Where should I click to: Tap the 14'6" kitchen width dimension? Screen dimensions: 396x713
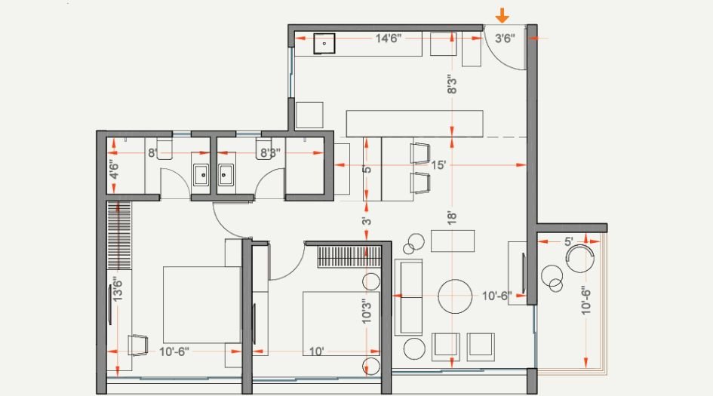388,38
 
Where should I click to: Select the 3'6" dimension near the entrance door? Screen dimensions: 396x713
504,38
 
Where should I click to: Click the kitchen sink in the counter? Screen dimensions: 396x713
324,43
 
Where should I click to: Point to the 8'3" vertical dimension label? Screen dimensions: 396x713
452,82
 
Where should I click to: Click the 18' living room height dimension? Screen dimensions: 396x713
452,219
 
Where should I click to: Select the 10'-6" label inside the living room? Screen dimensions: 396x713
498,296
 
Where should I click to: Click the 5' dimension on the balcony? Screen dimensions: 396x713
568,242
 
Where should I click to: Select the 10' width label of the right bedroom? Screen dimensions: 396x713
315,351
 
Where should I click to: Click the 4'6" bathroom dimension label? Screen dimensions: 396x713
113,167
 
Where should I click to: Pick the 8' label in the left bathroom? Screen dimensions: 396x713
152,153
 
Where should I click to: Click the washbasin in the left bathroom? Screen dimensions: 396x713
201,175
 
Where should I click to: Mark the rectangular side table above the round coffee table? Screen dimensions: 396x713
453,241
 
